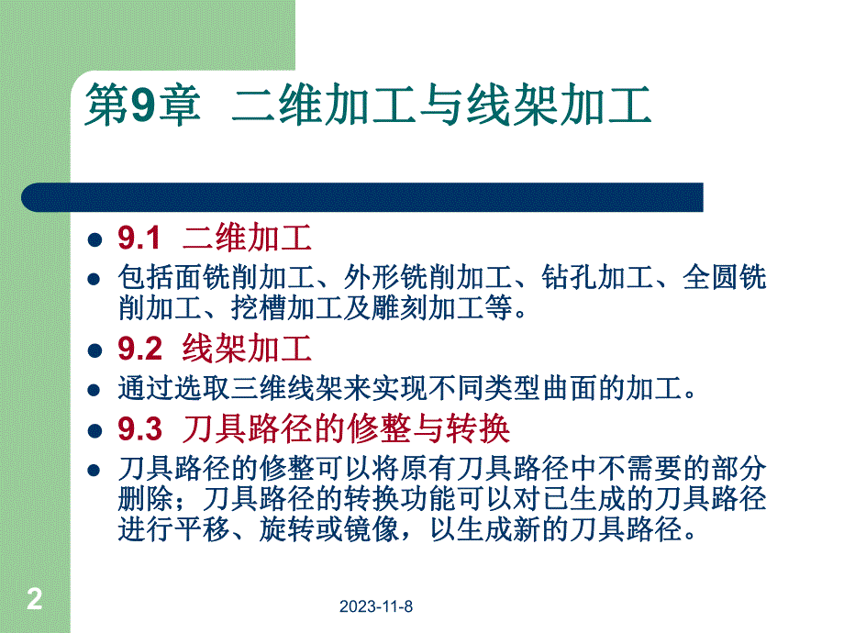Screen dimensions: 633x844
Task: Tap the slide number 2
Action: click(35, 600)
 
